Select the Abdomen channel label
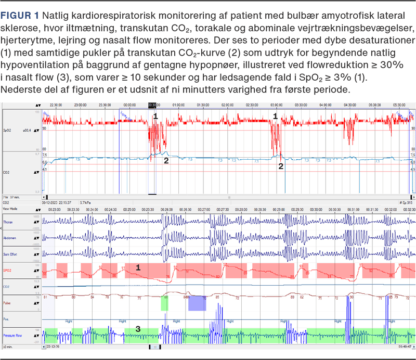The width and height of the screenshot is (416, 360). click(x=10, y=238)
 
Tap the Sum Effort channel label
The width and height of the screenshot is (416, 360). click(x=10, y=254)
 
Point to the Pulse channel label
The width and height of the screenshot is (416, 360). click(x=8, y=302)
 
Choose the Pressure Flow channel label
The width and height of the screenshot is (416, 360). click(x=12, y=337)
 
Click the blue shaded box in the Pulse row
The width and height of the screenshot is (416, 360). click(x=197, y=303)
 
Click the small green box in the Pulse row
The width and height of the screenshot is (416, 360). click(x=164, y=303)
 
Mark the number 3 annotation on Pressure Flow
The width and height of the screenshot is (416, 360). click(x=138, y=329)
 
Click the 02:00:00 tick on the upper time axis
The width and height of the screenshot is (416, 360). click(x=227, y=105)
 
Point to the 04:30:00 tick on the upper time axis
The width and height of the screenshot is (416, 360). click(x=349, y=105)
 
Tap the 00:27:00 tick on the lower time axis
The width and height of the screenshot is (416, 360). click(x=204, y=209)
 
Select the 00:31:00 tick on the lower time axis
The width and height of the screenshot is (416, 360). click(x=354, y=209)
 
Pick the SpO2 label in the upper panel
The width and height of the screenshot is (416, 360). click(x=8, y=131)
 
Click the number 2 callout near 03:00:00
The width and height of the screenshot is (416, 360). click(x=281, y=166)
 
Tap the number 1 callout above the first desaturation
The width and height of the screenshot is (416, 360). click(x=155, y=117)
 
